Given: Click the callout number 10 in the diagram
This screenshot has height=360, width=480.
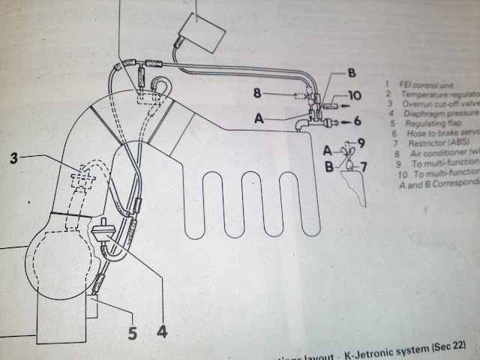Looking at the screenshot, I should pyautogui.click(x=355, y=96).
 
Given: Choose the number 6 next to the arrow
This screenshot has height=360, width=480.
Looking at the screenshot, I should pyautogui.click(x=358, y=121).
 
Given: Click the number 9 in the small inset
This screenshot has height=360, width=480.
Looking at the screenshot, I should pyautogui.click(x=361, y=142).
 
